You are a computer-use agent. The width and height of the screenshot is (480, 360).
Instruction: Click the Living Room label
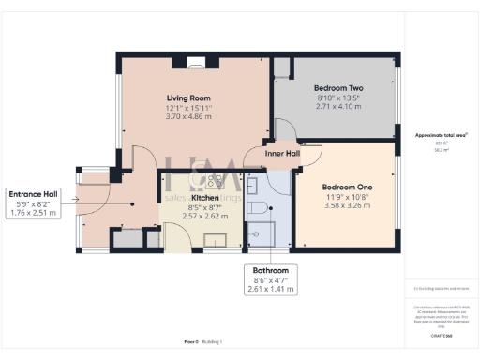point(188,97)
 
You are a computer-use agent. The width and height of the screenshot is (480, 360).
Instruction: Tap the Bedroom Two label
point(337,87)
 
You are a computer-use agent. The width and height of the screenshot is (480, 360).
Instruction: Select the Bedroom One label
point(347,187)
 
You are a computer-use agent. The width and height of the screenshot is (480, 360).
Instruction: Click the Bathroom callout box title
point(269,270)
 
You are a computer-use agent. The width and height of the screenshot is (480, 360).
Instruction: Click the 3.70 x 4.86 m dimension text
point(188,118)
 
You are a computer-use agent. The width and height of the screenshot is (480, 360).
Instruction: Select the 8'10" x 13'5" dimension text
point(337,97)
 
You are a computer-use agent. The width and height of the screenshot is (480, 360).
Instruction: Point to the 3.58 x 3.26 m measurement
point(347,208)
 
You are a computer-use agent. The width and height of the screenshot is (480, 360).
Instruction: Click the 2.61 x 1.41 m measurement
point(269,290)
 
